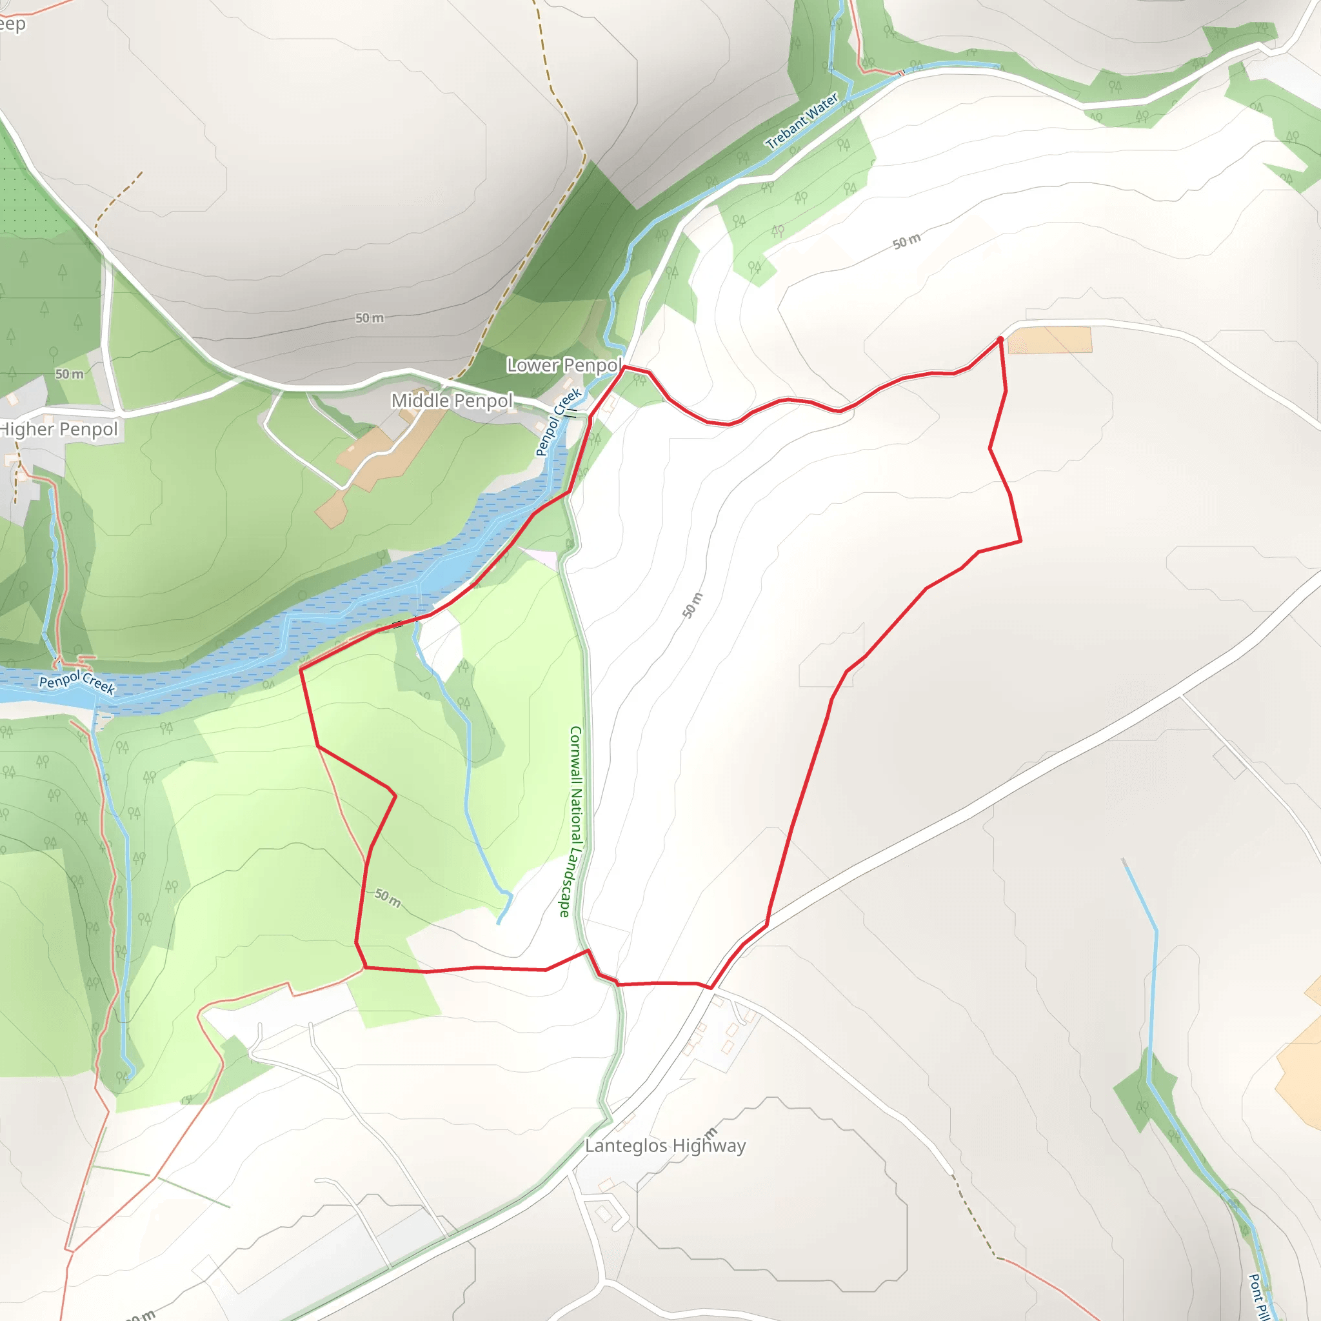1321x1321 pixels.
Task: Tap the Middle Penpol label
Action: tap(452, 401)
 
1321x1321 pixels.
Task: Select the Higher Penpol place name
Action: tap(59, 430)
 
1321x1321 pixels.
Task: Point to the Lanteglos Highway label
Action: tap(665, 1146)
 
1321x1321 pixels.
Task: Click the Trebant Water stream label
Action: tap(802, 122)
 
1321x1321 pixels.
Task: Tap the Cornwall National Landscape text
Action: tap(573, 821)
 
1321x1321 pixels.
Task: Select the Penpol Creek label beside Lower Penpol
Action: tap(558, 422)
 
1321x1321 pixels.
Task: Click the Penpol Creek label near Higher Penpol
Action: tap(77, 682)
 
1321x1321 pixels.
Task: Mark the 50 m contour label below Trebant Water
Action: tap(907, 241)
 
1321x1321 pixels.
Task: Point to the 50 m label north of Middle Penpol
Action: tap(369, 318)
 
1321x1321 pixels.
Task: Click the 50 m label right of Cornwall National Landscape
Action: tap(693, 605)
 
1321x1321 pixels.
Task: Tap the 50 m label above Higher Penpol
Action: tap(70, 374)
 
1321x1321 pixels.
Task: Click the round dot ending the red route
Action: tap(1000, 339)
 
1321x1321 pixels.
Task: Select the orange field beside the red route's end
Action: tap(1049, 340)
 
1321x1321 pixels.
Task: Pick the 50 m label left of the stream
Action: tap(388, 898)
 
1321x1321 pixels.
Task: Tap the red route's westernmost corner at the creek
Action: tap(301, 670)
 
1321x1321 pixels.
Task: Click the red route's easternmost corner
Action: tap(1021, 541)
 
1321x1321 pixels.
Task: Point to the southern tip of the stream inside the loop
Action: tap(499, 923)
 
